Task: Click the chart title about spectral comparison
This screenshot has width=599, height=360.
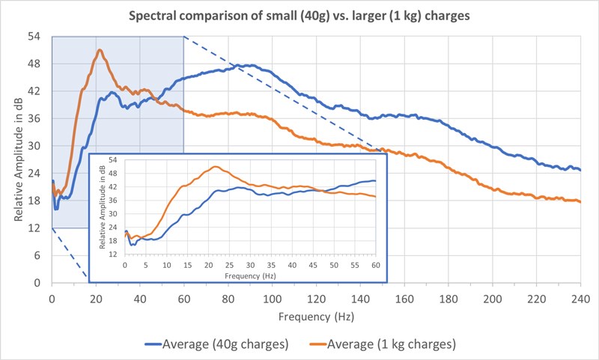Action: click(x=299, y=16)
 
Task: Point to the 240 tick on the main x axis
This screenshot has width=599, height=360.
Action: click(x=580, y=299)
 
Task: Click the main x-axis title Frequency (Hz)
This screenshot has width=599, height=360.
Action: click(x=315, y=317)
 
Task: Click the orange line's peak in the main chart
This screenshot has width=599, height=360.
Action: click(x=99, y=50)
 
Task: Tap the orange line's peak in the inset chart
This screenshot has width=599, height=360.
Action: click(x=216, y=166)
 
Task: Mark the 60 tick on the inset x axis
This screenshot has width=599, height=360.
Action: click(x=374, y=265)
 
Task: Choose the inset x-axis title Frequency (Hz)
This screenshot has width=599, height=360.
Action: click(x=249, y=275)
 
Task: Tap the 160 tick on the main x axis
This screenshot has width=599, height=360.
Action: click(x=404, y=299)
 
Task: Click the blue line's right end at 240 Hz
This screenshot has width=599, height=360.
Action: click(x=580, y=170)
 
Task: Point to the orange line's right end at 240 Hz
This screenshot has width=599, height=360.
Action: click(x=580, y=201)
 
